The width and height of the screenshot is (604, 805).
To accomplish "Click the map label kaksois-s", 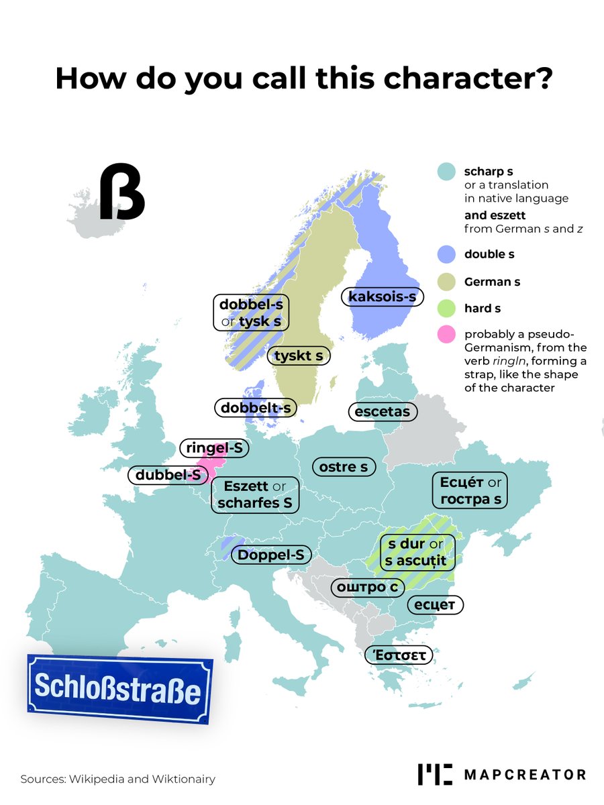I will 383,296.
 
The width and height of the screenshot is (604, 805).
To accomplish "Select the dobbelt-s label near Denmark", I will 256,407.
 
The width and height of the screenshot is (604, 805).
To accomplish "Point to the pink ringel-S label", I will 214,448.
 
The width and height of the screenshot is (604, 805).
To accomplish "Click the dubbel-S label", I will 168,475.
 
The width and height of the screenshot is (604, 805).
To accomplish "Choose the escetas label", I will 383,411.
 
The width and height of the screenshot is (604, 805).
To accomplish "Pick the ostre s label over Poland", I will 344,466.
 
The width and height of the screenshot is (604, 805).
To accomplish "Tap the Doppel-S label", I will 270,555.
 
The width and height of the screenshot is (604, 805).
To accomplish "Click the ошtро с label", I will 368,587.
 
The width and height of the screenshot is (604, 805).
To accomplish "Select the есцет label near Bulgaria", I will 435,604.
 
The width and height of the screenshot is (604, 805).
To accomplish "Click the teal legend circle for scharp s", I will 446,172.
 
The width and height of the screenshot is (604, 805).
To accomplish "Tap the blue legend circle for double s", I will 446,255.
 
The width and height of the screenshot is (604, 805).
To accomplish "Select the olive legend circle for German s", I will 446,282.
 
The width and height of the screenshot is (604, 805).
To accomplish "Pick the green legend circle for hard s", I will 446,309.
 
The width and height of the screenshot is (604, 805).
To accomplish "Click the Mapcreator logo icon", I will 435,773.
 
